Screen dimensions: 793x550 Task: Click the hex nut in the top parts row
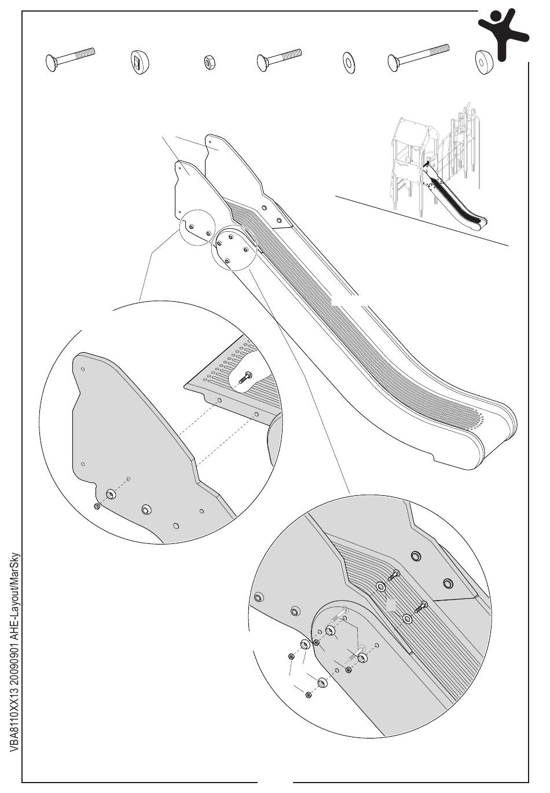click(x=207, y=62)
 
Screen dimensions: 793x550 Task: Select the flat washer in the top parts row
click(x=349, y=61)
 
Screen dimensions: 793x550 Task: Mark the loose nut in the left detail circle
click(x=97, y=506)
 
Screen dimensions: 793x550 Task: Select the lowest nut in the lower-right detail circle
click(x=308, y=695)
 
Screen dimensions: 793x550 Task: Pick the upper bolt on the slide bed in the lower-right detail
click(x=395, y=575)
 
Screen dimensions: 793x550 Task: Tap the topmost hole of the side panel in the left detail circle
click(x=83, y=368)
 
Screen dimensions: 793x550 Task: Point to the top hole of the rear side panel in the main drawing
click(x=210, y=140)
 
